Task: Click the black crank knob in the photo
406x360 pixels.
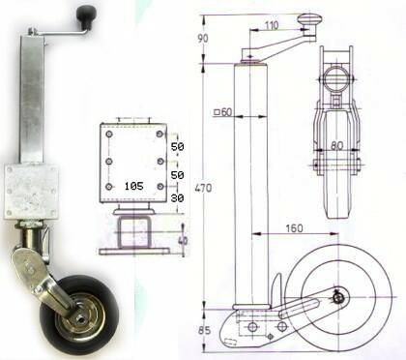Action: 86,15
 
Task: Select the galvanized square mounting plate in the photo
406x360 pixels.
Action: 31,192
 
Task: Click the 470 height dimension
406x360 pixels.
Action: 203,188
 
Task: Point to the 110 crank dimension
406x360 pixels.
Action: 272,25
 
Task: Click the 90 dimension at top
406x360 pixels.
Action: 203,39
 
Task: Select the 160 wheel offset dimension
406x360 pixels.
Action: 294,228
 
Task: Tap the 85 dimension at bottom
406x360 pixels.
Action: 204,330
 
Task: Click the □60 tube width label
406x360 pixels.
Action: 223,112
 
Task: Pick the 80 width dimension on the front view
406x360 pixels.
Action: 336,145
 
